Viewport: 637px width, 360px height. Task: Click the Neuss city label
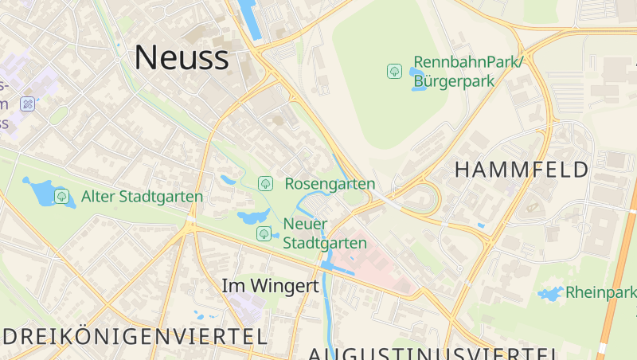pyautogui.click(x=182, y=57)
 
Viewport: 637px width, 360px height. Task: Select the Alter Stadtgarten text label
pyautogui.click(x=142, y=196)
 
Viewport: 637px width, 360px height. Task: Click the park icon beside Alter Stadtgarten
pyautogui.click(x=61, y=196)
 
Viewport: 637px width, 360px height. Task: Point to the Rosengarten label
pyautogui.click(x=330, y=184)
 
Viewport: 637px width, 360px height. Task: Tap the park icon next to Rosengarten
pyautogui.click(x=265, y=184)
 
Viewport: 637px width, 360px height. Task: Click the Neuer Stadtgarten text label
pyautogui.click(x=325, y=233)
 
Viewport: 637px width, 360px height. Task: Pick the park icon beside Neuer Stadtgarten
pyautogui.click(x=264, y=233)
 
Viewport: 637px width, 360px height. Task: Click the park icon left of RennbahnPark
pyautogui.click(x=394, y=72)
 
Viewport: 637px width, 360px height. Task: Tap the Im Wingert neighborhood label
pyautogui.click(x=270, y=285)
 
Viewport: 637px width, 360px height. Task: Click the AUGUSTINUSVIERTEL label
pyautogui.click(x=432, y=354)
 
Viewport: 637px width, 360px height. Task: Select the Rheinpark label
pyautogui.click(x=600, y=292)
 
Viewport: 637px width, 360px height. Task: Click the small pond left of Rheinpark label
pyautogui.click(x=549, y=294)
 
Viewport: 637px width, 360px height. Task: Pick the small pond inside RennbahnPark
pyautogui.click(x=417, y=78)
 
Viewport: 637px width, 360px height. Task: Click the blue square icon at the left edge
pyautogui.click(x=28, y=104)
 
